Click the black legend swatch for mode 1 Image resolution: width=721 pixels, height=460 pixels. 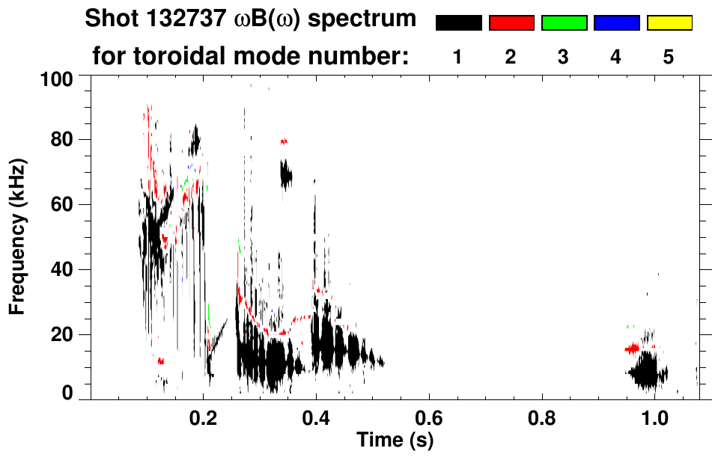coord(458,23)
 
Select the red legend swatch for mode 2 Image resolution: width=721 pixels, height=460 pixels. coord(511,23)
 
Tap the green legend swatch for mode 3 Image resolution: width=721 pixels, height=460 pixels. coord(564,23)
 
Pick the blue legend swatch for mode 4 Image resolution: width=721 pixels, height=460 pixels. coord(616,23)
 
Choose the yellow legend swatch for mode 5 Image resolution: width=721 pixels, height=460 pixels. coord(669,23)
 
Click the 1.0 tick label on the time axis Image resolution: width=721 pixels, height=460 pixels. coord(655,417)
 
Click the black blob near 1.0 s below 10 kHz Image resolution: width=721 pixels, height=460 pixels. coord(646,372)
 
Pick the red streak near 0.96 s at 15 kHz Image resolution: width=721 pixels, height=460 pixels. coord(633,349)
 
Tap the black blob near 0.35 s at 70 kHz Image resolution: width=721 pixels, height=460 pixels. coord(285,177)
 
